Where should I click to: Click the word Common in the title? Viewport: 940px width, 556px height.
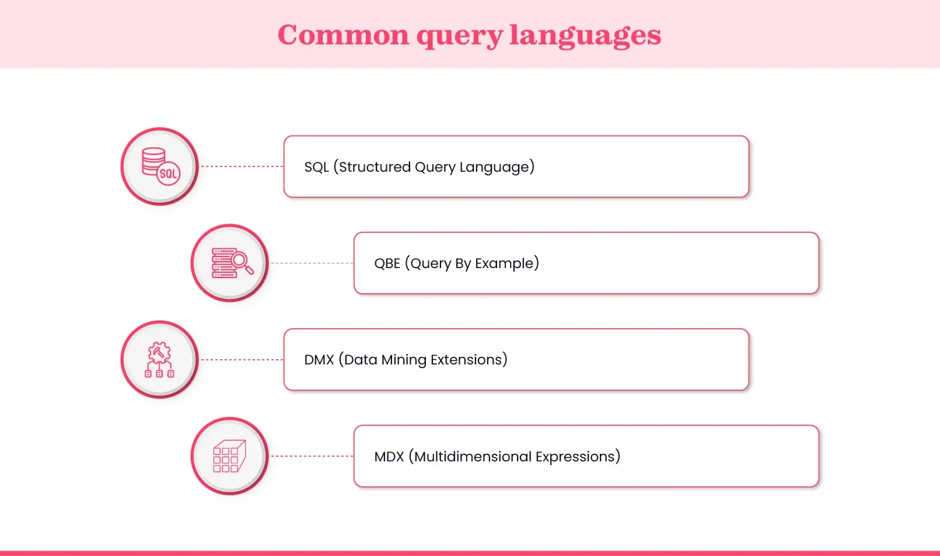coord(343,35)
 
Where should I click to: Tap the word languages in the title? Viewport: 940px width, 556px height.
coord(585,35)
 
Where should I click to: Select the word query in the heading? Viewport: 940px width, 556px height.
coord(459,36)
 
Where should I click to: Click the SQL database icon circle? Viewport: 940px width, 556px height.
coord(159,166)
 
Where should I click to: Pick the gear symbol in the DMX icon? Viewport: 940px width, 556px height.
coord(159,352)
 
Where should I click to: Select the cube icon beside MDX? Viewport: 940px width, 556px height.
coord(229,456)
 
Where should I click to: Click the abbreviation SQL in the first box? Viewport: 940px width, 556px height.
coord(316,167)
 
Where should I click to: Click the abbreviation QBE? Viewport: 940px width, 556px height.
coord(387,263)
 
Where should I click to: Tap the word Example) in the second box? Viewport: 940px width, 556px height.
coord(507,263)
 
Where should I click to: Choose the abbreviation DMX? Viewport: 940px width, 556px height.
coord(319,360)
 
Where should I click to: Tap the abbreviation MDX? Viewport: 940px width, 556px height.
coord(389,457)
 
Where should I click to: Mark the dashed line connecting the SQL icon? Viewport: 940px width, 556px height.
coord(242,166)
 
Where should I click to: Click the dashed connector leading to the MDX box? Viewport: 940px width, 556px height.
coord(312,456)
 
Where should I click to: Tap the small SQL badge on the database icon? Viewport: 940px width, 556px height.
coord(168,173)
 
